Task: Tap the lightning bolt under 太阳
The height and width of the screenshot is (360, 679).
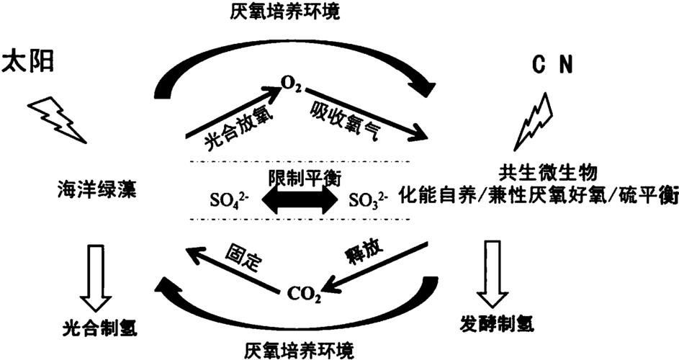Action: point(57,117)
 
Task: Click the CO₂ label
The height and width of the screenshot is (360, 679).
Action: point(303,292)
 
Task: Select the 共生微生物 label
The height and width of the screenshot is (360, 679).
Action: point(531,171)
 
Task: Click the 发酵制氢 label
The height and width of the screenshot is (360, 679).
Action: point(496,325)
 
